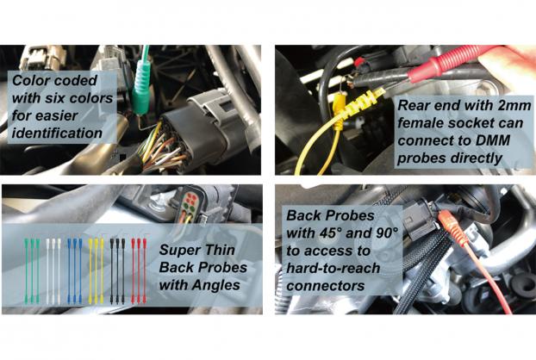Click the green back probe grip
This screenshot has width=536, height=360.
(140, 87)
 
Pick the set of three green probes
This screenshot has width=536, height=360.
(32, 270)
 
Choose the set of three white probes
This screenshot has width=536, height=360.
(53, 270)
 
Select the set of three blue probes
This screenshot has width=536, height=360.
(74, 270)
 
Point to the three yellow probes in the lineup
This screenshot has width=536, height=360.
(96, 270)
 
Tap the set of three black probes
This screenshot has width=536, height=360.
(117, 270)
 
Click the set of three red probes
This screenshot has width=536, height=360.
(139, 270)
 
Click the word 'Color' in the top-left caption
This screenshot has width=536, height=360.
(31, 81)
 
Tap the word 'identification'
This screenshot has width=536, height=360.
(57, 133)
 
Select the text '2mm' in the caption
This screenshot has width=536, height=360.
(514, 106)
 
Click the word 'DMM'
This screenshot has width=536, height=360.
(493, 140)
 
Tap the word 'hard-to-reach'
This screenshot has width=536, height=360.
(333, 269)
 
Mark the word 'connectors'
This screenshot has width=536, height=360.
(326, 286)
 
